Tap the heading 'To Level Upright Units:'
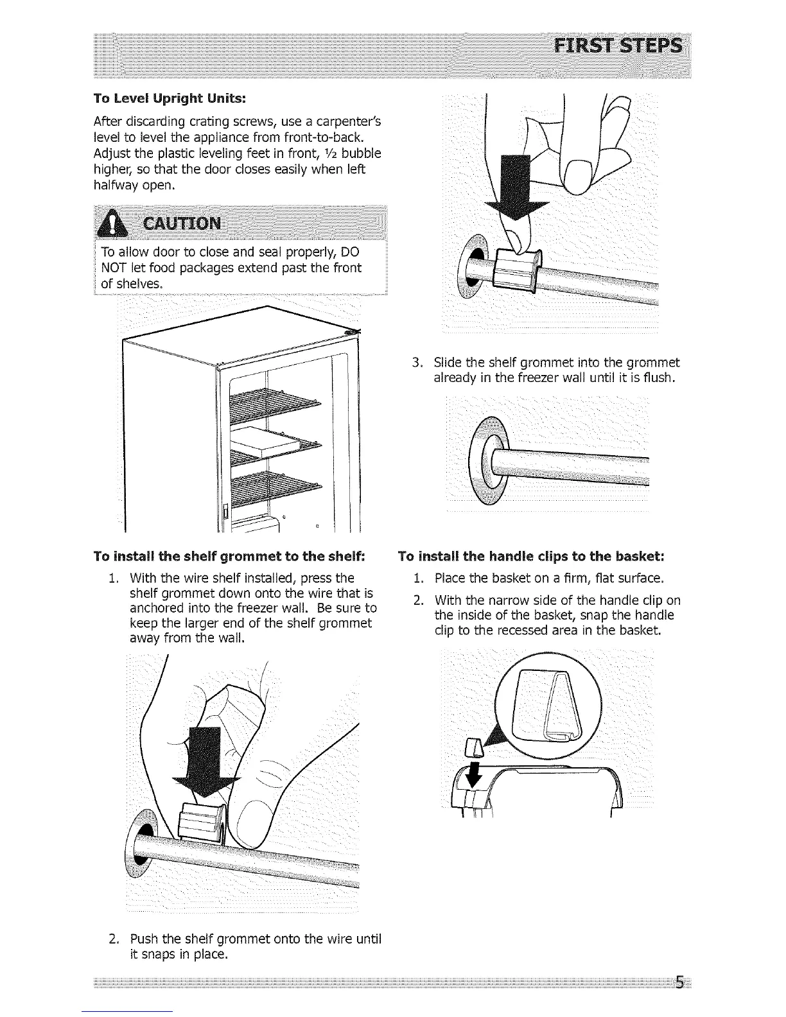point(170,100)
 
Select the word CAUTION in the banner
point(184,224)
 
